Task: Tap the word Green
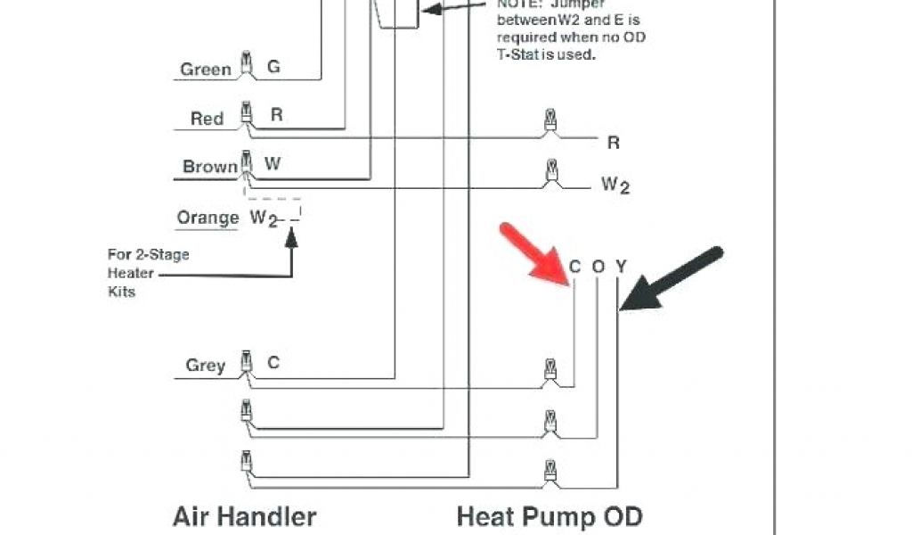point(206,70)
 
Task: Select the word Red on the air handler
point(207,119)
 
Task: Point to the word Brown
point(210,167)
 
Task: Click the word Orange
point(208,218)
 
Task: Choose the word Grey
point(205,366)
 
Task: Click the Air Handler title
point(243,515)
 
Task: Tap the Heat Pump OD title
point(549,515)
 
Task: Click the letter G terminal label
point(273,67)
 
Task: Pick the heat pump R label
point(613,143)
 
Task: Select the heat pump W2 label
point(615,185)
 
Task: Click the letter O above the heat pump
point(598,267)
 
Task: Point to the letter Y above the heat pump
point(621,267)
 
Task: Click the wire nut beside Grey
point(246,365)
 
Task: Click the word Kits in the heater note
point(121,292)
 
